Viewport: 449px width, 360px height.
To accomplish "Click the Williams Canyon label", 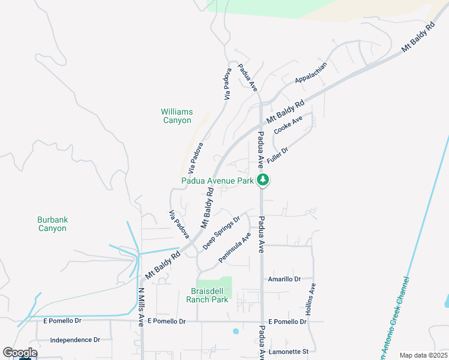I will tap(176, 116).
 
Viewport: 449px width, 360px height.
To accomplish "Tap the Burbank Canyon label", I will tap(52, 224).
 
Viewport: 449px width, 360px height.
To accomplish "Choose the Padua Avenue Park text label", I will tap(218, 181).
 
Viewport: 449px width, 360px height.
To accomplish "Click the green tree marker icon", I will tap(263, 179).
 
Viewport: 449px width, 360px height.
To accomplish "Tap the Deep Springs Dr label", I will tap(221, 233).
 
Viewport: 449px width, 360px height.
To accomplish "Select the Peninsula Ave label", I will tap(234, 247).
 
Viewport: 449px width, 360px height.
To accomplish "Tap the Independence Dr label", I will tap(75, 340).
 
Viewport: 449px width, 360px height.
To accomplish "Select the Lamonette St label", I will tap(289, 351).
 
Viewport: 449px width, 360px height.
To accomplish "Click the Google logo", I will tap(19, 353).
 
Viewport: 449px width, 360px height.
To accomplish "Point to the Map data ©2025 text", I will tap(423, 355).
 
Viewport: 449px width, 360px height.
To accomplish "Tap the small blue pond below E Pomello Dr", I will tap(235, 331).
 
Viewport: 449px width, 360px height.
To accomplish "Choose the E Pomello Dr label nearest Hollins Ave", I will tap(288, 322).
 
